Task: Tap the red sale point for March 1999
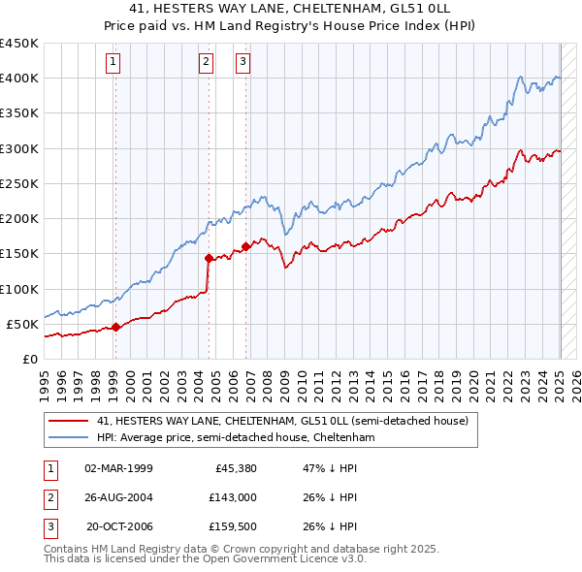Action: [x=115, y=327]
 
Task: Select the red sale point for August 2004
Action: [x=209, y=258]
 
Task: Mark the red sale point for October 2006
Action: [x=246, y=246]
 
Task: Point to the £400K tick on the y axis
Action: [x=19, y=79]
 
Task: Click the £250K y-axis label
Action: [x=19, y=183]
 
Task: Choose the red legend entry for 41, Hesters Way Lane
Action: [x=282, y=422]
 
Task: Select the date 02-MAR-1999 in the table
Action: [x=118, y=468]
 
